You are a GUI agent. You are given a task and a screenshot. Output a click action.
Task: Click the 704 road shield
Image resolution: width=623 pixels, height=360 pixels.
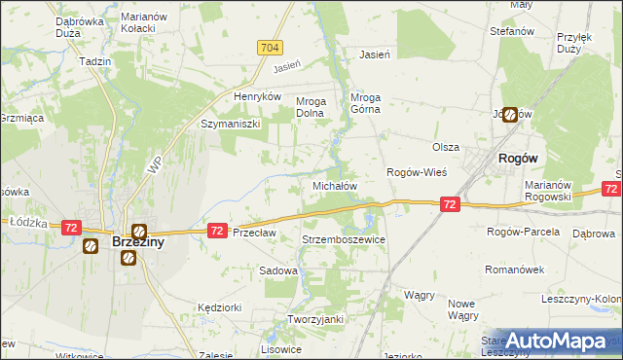click(271, 48)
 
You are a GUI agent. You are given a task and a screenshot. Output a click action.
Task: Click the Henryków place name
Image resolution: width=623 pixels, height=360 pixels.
click(257, 97)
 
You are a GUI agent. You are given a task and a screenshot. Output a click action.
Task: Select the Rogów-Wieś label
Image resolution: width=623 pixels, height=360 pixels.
click(417, 172)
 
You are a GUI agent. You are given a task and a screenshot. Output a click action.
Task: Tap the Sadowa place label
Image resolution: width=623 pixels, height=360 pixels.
click(277, 271)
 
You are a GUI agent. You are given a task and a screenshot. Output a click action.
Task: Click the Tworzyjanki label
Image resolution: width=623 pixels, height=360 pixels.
click(310, 319)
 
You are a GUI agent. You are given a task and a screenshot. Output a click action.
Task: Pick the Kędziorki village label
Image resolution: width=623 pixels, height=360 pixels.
click(218, 306)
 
